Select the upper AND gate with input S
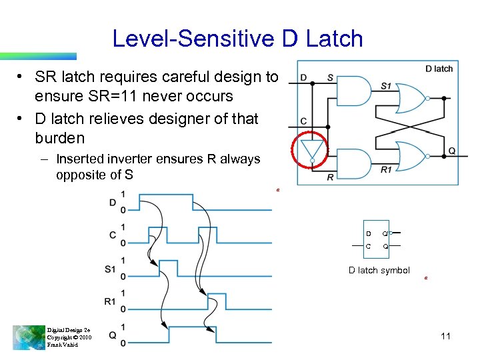click(354, 91)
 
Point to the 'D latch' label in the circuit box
click(439, 69)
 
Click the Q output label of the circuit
click(451, 151)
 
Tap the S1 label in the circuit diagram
click(386, 85)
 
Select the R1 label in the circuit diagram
click(386, 169)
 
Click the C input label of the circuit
click(303, 121)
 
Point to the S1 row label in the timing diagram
click(111, 269)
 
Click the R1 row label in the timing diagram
click(111, 301)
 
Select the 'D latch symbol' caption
click(379, 270)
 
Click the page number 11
click(446, 336)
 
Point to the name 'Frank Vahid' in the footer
click(63, 345)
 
